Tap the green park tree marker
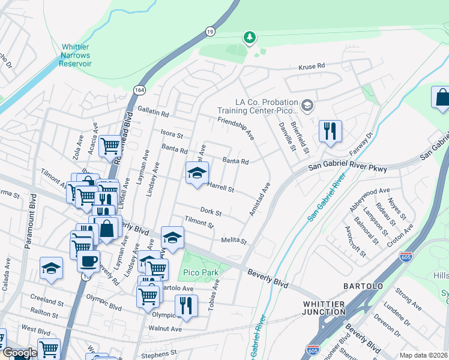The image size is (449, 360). (x=249, y=38)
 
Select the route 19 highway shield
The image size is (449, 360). (x=208, y=31)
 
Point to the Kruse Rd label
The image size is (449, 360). (x=312, y=65)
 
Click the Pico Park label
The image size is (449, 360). (x=200, y=273)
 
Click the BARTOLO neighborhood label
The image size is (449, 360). (x=363, y=286)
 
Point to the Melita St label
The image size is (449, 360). (x=235, y=241)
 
